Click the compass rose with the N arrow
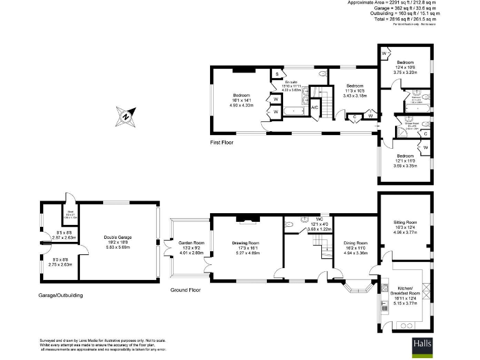click(x=125, y=116)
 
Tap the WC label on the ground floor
click(x=319, y=219)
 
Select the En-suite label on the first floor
click(x=291, y=82)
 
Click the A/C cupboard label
click(x=314, y=107)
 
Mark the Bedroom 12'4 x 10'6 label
click(x=405, y=62)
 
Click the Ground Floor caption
click(x=186, y=290)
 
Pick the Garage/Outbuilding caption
click(x=60, y=295)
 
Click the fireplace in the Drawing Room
click(x=245, y=219)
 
